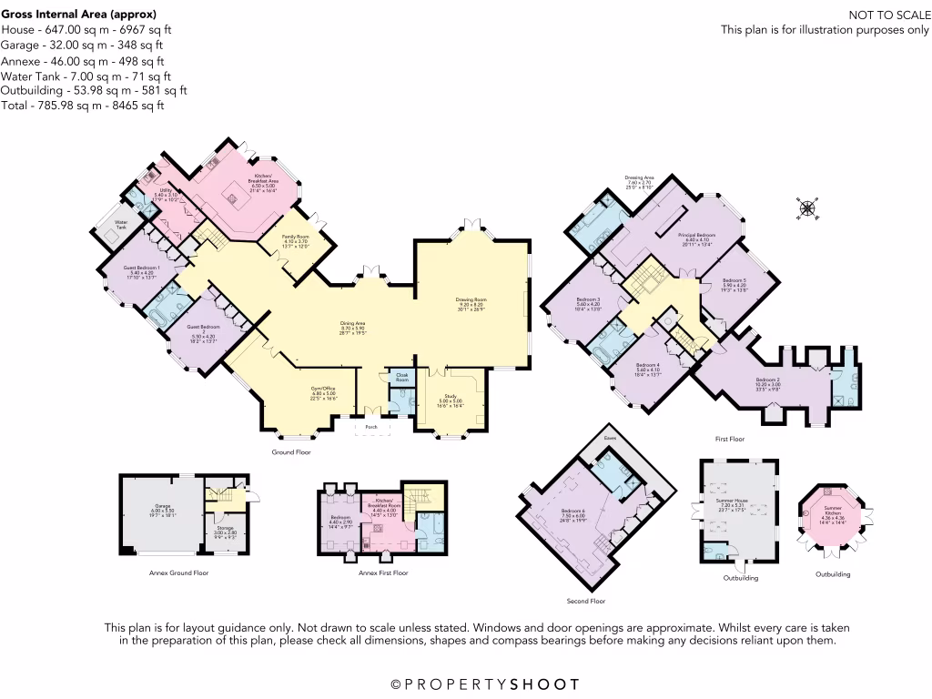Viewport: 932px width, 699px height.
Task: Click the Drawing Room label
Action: pyautogui.click(x=471, y=300)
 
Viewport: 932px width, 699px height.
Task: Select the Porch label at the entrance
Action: pyautogui.click(x=371, y=426)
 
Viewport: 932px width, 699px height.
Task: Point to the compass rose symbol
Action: pyautogui.click(x=807, y=208)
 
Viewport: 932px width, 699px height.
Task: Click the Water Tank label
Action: pyautogui.click(x=121, y=224)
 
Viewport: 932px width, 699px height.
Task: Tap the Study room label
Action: pyautogui.click(x=451, y=398)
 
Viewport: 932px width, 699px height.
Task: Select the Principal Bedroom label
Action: pyautogui.click(x=699, y=235)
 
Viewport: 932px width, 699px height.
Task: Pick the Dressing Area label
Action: pyautogui.click(x=640, y=177)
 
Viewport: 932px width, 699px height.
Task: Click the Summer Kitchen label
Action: pyautogui.click(x=833, y=509)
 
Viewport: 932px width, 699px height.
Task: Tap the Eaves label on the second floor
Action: pyautogui.click(x=609, y=438)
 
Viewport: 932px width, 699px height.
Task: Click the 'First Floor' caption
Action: pyautogui.click(x=730, y=440)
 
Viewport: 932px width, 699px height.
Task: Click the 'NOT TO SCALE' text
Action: pyautogui.click(x=888, y=15)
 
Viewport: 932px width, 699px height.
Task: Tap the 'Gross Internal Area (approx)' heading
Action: pyautogui.click(x=78, y=15)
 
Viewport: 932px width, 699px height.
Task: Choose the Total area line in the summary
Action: pyautogui.click(x=83, y=106)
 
